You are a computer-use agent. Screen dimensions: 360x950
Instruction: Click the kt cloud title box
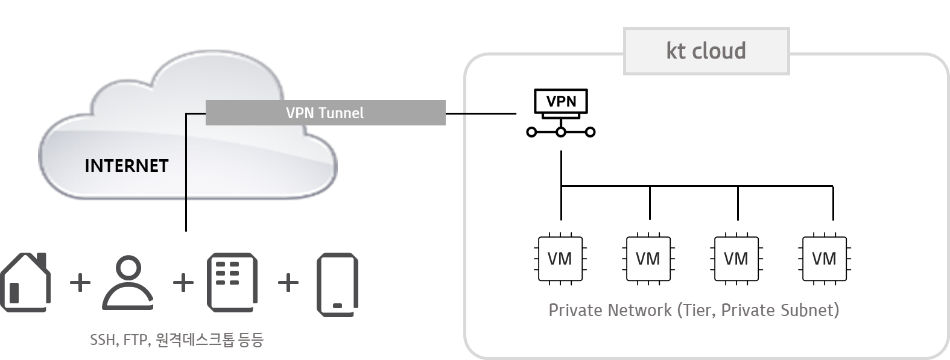coord(706,51)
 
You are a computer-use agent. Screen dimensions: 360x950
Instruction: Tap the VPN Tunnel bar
coord(325,113)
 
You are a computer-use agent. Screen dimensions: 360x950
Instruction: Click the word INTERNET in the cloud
coord(126,166)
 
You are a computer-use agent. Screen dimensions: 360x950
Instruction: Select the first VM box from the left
coord(560,259)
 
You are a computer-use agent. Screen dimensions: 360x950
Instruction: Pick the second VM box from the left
coord(648,259)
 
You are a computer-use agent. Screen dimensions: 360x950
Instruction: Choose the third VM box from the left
coord(736,259)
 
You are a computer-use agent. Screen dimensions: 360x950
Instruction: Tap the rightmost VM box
coord(824,259)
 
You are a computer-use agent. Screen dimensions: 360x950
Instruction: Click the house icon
coord(25,282)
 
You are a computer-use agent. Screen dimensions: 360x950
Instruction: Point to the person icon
coord(128,282)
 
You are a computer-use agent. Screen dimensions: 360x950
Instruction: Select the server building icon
coord(232,282)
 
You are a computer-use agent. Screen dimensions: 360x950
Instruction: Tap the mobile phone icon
coord(337,285)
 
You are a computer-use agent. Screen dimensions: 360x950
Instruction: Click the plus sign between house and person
coord(80,282)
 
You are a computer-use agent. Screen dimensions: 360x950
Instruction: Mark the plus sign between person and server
coord(183,282)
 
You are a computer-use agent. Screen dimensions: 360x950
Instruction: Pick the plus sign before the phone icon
coord(288,282)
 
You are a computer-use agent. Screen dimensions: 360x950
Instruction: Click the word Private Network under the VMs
coord(609,311)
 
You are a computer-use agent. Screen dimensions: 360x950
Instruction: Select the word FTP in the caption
coord(136,341)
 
